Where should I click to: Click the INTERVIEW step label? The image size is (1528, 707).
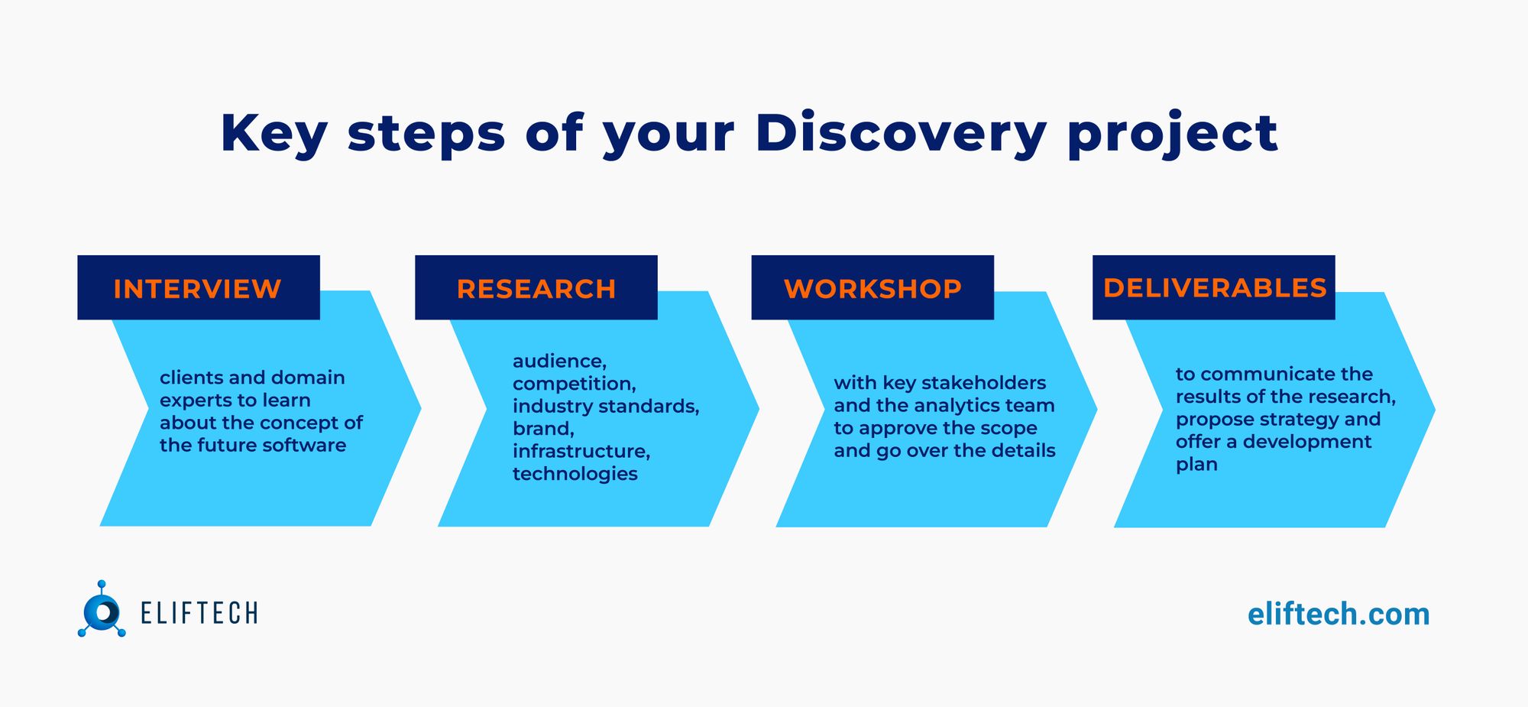pos(197,289)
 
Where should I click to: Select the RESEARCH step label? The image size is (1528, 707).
pos(536,289)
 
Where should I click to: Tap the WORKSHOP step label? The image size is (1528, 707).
pos(872,289)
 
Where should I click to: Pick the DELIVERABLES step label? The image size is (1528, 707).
pos(1214,288)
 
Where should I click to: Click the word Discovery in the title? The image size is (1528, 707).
pos(901,134)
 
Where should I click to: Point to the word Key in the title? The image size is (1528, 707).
pos(274,134)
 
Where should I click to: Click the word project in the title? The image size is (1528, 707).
pos(1172,134)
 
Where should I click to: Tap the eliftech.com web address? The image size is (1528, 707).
pos(1338,615)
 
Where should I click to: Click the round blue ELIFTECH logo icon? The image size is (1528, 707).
pos(102,611)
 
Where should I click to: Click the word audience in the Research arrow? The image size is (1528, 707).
pos(558,361)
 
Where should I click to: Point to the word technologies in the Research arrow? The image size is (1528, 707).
pos(575,474)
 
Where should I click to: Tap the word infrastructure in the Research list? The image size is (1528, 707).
pos(581,451)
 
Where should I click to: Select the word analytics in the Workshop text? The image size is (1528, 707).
pos(958,406)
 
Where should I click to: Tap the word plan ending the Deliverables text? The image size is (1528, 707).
pos(1196,465)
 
